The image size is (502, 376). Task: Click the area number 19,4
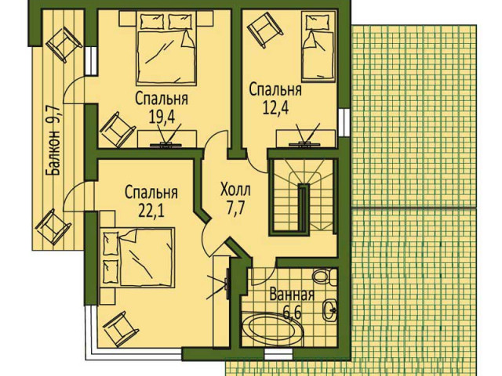pyautogui.click(x=162, y=117)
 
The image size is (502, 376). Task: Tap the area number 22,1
pyautogui.click(x=151, y=211)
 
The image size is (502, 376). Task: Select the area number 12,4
pyautogui.click(x=275, y=107)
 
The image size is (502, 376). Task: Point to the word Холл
pyautogui.click(x=235, y=190)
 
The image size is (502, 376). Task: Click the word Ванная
pyautogui.click(x=292, y=295)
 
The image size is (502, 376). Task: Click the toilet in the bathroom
pyautogui.click(x=325, y=276)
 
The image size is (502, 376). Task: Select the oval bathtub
pyautogui.click(x=272, y=329)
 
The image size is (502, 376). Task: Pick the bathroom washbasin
pyautogui.click(x=329, y=309)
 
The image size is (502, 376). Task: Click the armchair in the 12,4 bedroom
pyautogui.click(x=265, y=30)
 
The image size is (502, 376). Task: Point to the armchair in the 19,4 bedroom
pyautogui.click(x=117, y=129)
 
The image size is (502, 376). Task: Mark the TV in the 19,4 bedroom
pyautogui.click(x=166, y=136)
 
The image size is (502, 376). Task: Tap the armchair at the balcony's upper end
pyautogui.click(x=64, y=44)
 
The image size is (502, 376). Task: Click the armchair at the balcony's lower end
pyautogui.click(x=53, y=226)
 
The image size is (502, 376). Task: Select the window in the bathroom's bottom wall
pyautogui.click(x=278, y=354)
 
